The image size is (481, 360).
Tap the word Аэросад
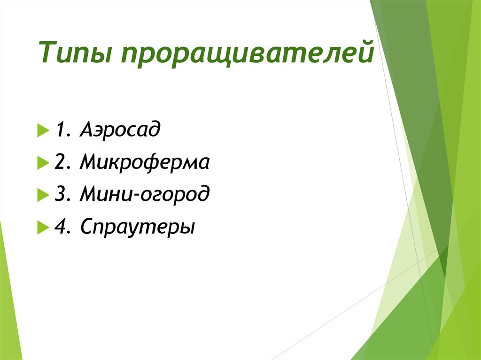[x=120, y=129]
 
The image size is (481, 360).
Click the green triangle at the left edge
[x=8, y=310]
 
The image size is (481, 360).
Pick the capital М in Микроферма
[x=89, y=163]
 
